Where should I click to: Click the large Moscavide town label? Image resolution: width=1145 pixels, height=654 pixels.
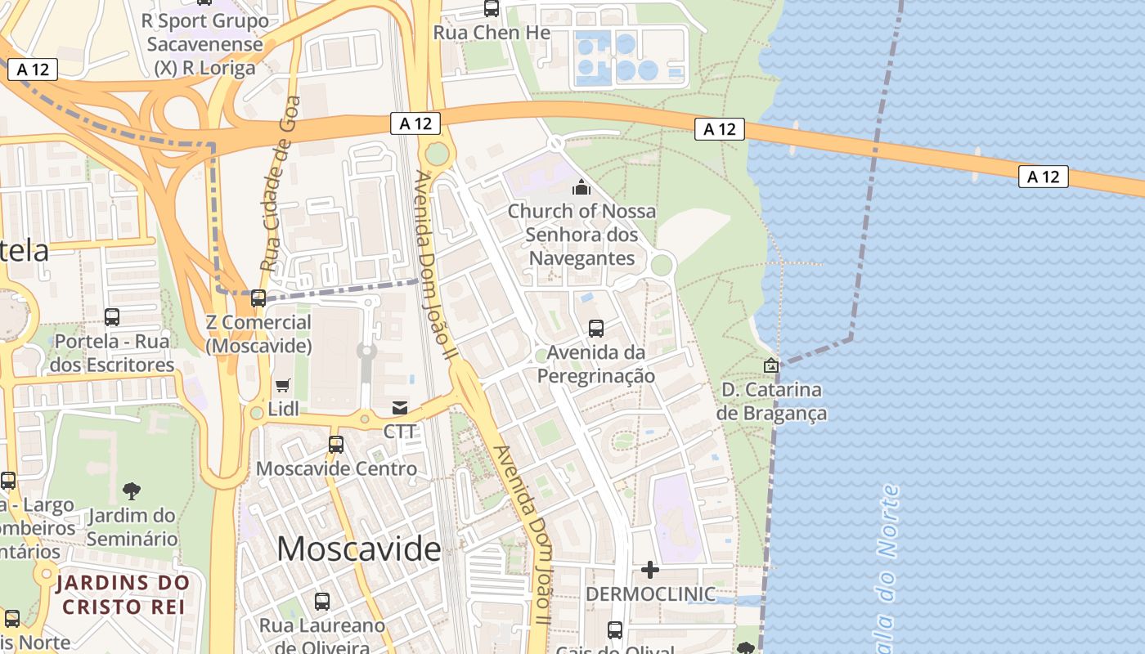click(x=359, y=549)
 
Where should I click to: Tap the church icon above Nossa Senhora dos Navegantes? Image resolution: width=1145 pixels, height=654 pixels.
click(x=581, y=187)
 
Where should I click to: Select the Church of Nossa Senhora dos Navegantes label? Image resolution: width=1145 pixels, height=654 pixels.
click(x=581, y=235)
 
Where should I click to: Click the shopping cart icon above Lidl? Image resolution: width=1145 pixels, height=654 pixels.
click(x=283, y=385)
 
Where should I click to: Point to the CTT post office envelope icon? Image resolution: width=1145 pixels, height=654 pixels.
click(x=400, y=407)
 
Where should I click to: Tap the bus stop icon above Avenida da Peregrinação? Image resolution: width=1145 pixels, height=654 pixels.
click(x=596, y=329)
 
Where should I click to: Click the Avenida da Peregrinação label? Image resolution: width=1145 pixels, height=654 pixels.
click(x=596, y=365)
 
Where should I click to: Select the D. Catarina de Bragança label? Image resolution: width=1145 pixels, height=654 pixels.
click(x=771, y=401)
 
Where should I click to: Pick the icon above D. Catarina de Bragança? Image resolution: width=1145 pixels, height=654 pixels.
click(x=770, y=365)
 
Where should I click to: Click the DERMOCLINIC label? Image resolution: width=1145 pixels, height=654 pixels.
click(x=650, y=594)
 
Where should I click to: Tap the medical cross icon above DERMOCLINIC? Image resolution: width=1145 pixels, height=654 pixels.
click(x=650, y=569)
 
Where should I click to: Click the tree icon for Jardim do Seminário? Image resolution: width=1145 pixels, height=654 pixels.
click(x=131, y=490)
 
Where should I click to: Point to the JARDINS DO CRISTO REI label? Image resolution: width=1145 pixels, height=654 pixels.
click(x=123, y=595)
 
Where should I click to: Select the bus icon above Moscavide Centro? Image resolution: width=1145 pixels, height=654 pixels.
click(x=336, y=445)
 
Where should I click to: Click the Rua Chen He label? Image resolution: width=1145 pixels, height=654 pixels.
click(x=492, y=33)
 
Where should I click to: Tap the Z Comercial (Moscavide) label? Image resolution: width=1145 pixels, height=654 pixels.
click(x=258, y=334)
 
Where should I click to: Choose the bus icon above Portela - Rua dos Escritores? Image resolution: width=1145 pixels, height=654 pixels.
click(x=112, y=316)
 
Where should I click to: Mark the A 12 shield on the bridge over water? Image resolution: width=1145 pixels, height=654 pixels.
click(x=1043, y=176)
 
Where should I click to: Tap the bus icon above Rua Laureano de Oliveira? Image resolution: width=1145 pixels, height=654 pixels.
click(x=322, y=602)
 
